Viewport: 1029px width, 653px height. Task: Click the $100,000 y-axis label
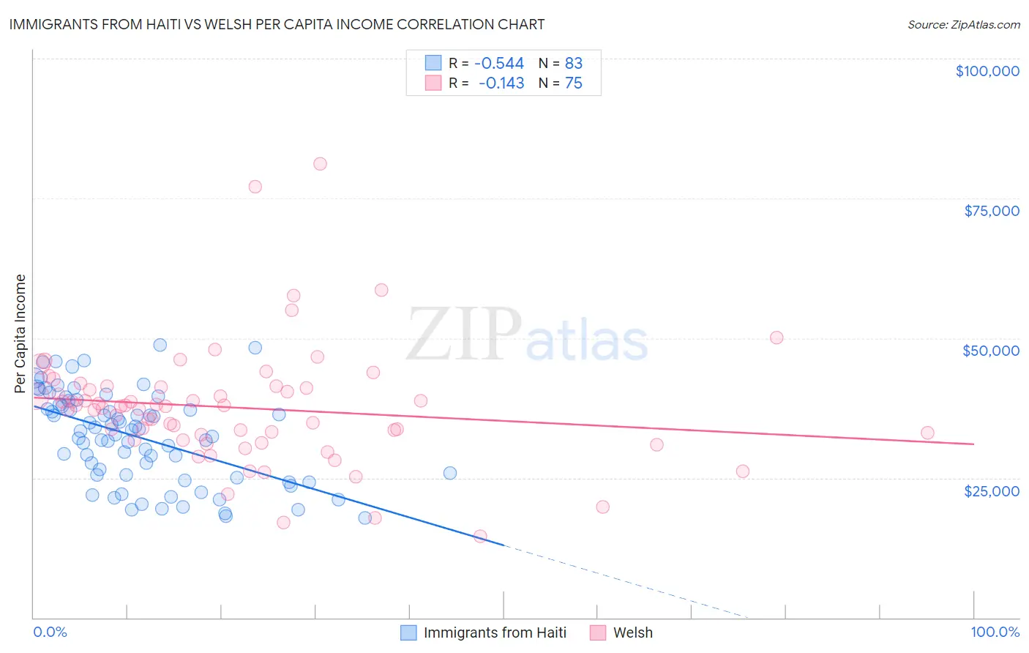987,71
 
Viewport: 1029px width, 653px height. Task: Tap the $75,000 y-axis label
991,211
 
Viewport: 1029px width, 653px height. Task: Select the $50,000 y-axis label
990,351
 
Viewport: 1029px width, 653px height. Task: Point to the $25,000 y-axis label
991,490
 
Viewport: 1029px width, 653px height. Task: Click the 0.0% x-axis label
50,632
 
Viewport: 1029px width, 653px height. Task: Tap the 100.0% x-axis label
995,632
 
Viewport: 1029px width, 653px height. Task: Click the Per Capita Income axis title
20,333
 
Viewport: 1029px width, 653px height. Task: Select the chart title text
277,24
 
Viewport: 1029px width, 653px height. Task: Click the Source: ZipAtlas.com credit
963,25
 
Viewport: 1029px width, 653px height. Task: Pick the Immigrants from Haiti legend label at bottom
495,633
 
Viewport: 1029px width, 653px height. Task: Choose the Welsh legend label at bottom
632,633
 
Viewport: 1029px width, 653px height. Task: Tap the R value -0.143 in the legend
501,83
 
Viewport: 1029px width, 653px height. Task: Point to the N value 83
573,63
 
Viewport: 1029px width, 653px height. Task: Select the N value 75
573,83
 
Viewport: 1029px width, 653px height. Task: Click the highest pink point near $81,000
320,164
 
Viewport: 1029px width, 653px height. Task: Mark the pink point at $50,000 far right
777,337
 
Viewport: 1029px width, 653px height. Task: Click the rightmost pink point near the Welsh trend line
927,433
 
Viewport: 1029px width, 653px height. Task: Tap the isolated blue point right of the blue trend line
450,473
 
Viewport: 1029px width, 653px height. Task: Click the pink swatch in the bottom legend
598,633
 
